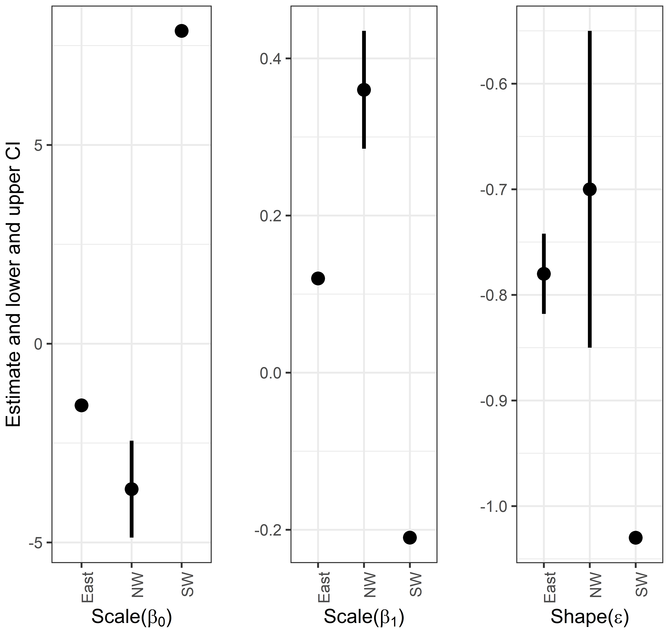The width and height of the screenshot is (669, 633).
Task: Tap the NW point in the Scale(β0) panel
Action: [x=132, y=489]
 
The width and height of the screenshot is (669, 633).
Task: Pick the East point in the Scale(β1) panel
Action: [x=318, y=278]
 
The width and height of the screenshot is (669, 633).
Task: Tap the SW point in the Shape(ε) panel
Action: [x=636, y=538]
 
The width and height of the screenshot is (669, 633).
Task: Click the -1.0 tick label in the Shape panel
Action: [x=494, y=506]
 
